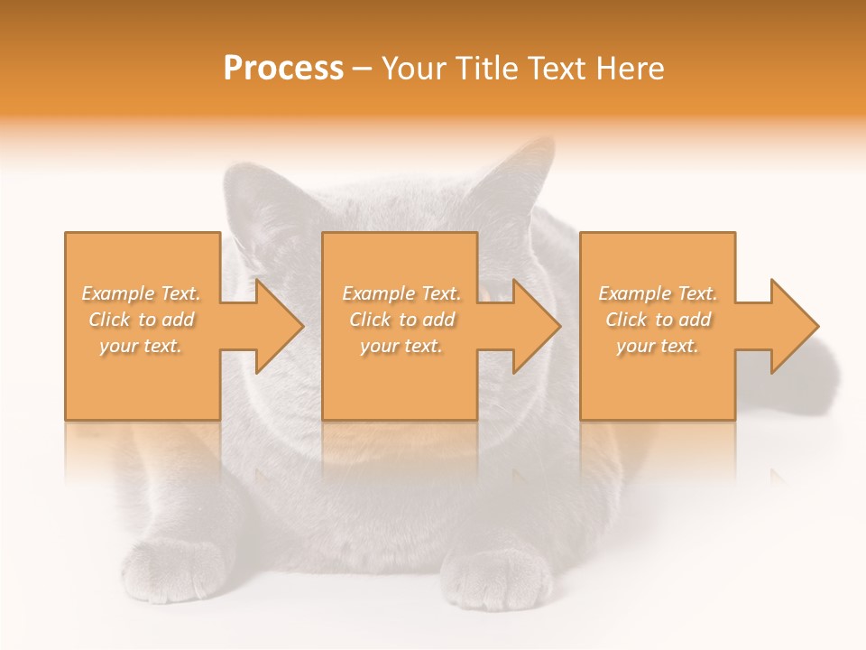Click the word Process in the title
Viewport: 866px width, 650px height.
[x=283, y=69]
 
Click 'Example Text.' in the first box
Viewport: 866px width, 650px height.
[x=142, y=293]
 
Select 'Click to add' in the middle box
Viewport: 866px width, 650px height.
[x=401, y=320]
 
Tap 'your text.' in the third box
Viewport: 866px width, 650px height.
[x=658, y=346]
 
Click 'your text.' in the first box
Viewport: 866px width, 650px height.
[x=142, y=346]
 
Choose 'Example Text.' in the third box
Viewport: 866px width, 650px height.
[x=658, y=293]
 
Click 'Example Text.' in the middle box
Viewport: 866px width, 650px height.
[x=401, y=293]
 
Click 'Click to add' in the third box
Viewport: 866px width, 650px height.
[x=658, y=320]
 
